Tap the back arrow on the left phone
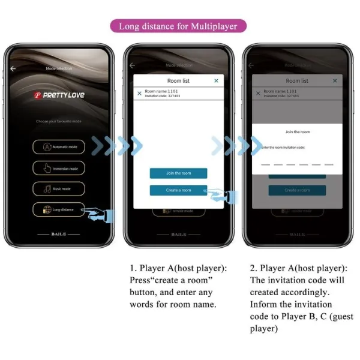click(x=13, y=68)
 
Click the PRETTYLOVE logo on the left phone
click(x=59, y=95)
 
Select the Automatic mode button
click(x=59, y=146)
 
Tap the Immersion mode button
click(x=59, y=168)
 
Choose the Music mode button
click(x=59, y=188)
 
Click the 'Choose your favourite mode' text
click(x=59, y=121)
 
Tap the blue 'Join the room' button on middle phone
click(x=178, y=173)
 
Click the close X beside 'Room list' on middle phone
click(x=216, y=80)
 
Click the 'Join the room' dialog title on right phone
click(x=297, y=132)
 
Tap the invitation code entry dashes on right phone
click(x=297, y=163)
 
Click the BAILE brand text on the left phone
click(x=59, y=234)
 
